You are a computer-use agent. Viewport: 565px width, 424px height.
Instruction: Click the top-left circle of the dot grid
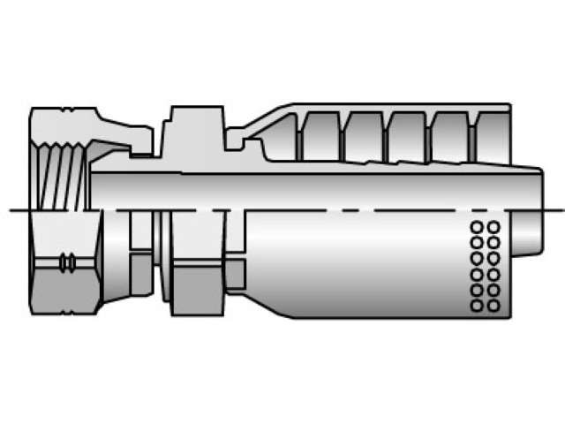click(477, 227)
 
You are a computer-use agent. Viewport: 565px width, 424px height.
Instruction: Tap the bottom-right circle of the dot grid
click(493, 306)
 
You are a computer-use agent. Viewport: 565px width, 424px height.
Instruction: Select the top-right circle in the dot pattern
click(493, 227)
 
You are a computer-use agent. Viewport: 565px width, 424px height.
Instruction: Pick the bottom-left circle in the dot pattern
click(477, 306)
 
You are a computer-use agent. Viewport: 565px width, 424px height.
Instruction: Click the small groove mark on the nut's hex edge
click(64, 262)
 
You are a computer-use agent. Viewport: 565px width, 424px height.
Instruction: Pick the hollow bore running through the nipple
click(309, 190)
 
